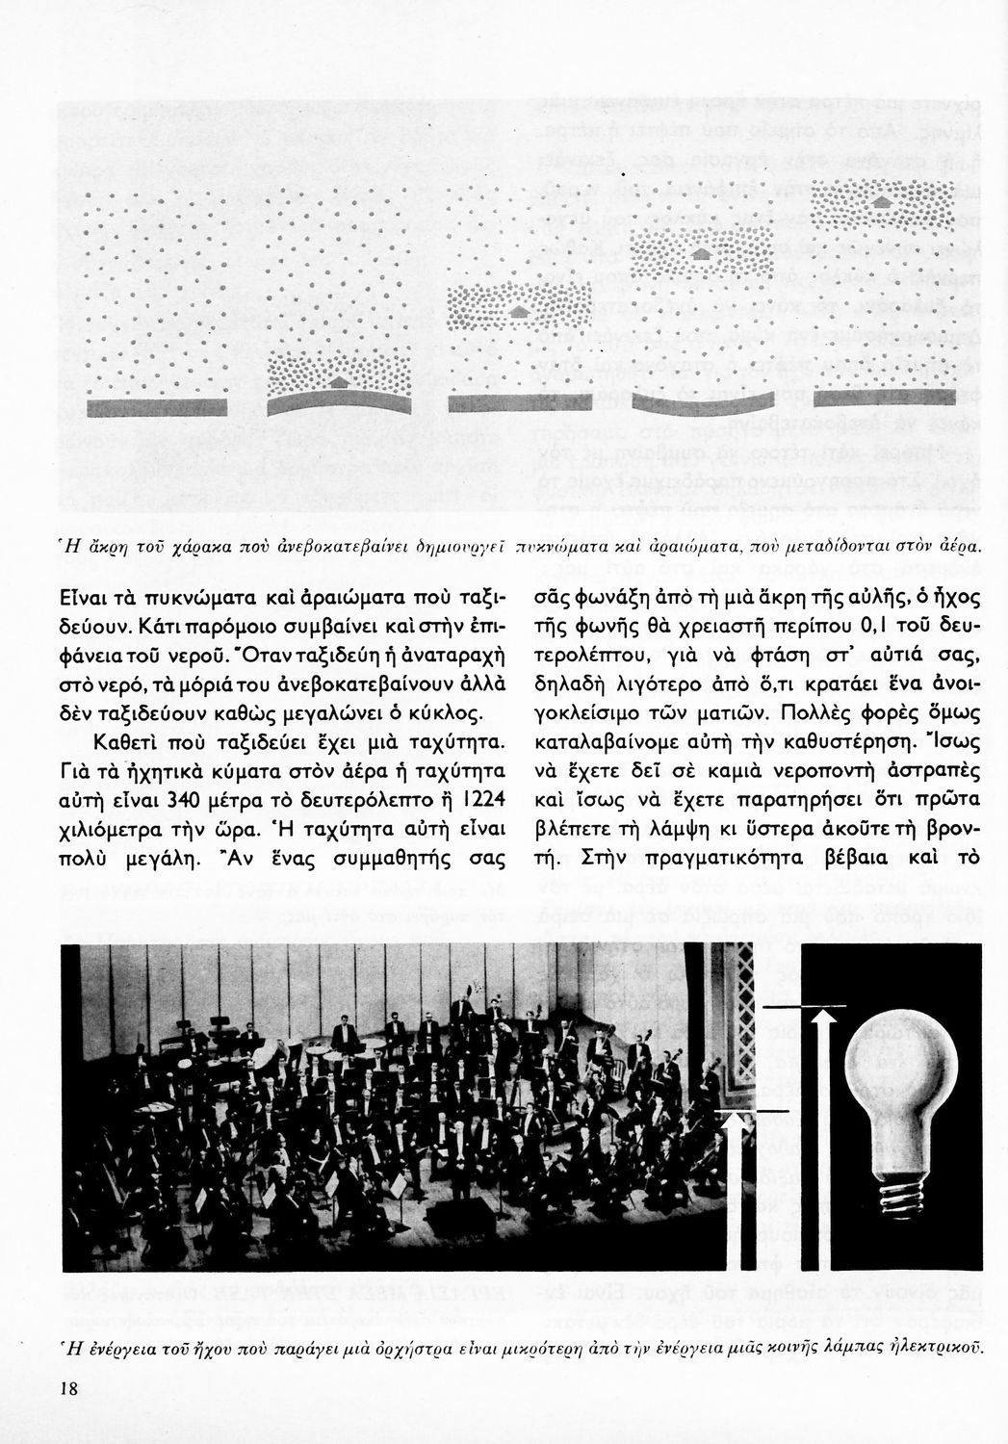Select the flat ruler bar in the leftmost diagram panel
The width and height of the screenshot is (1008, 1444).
(155, 407)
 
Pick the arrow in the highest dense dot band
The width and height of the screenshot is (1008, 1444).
(881, 203)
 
